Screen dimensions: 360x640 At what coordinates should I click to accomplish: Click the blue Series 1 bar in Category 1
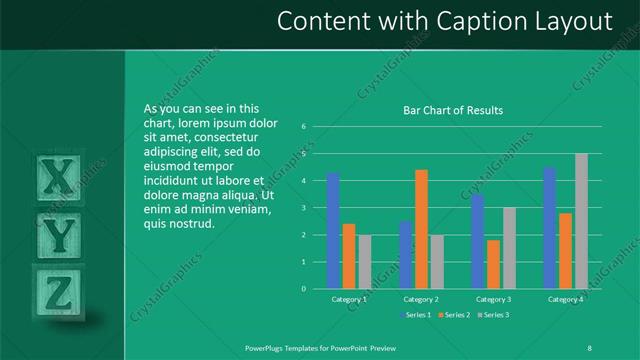click(333, 231)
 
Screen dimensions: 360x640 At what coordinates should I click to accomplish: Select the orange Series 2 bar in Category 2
click(421, 229)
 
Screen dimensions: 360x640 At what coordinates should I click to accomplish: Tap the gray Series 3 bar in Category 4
click(581, 221)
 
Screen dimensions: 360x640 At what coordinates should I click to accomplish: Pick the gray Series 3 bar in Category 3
click(509, 248)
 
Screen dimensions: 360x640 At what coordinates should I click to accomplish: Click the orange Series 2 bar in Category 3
click(493, 264)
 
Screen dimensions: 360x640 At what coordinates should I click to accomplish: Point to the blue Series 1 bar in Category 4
click(549, 228)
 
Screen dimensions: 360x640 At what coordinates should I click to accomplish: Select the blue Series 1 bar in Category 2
click(405, 255)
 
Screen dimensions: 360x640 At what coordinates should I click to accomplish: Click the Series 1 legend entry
click(419, 315)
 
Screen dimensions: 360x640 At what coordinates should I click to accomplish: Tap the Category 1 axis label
click(348, 299)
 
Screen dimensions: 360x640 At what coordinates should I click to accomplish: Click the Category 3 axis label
click(493, 299)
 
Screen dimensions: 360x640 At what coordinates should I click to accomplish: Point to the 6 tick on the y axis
click(303, 127)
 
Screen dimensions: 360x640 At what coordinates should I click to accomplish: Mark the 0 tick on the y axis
click(303, 289)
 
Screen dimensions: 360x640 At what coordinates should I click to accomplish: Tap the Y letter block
click(61, 235)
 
